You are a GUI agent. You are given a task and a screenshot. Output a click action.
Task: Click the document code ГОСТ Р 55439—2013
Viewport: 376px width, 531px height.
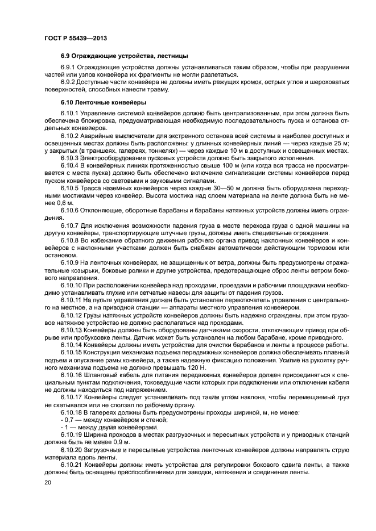[x=75, y=37]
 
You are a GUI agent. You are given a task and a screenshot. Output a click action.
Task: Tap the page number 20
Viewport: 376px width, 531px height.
[x=47, y=482]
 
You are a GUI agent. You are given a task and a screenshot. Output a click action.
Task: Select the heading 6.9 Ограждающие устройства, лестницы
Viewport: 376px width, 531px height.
[x=125, y=57]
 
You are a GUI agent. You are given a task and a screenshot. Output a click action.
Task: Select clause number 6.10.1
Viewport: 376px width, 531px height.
[x=70, y=114]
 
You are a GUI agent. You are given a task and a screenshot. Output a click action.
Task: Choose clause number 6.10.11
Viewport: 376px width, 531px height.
[x=71, y=299]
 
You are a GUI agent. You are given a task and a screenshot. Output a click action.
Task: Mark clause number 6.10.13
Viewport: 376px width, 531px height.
[x=71, y=329]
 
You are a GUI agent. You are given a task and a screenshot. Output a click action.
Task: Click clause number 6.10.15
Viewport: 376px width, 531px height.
[x=71, y=351]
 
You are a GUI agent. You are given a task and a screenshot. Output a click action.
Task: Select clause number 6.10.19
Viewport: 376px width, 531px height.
[x=71, y=433]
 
